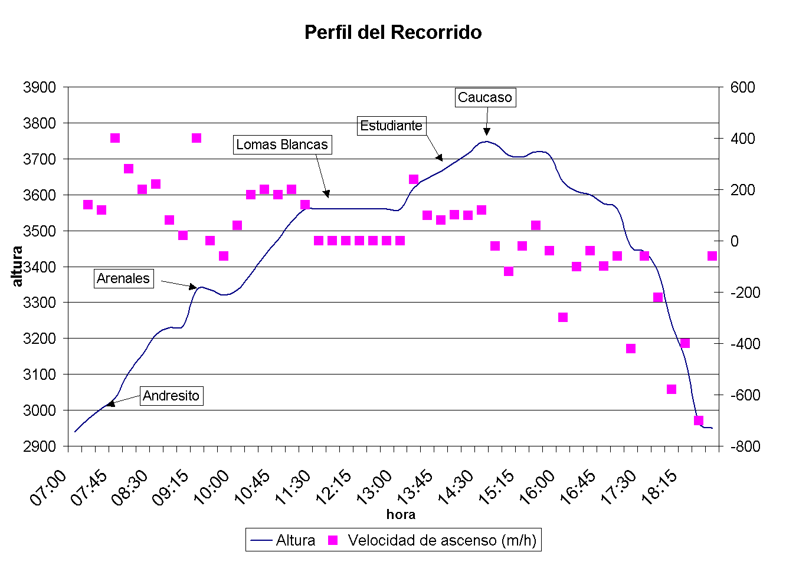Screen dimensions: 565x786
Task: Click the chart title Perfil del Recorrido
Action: coord(393,32)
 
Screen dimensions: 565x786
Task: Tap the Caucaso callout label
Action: coord(485,97)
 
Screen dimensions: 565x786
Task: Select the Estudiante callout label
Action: coord(391,126)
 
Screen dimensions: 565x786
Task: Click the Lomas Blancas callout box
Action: coord(281,144)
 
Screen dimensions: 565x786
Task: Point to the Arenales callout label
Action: coord(123,278)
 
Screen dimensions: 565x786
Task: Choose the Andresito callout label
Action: coord(171,396)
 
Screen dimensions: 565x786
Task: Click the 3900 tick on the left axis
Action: coord(40,87)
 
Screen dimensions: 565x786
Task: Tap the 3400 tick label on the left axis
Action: coord(40,267)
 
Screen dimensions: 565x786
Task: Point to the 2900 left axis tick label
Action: coord(40,446)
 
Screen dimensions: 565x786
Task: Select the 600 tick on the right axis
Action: coord(742,87)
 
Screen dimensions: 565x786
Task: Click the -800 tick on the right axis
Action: coord(745,446)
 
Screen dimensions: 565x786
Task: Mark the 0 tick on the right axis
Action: coord(735,241)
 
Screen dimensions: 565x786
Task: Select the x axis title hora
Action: coord(401,514)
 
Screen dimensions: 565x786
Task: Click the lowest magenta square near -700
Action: coord(699,421)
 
